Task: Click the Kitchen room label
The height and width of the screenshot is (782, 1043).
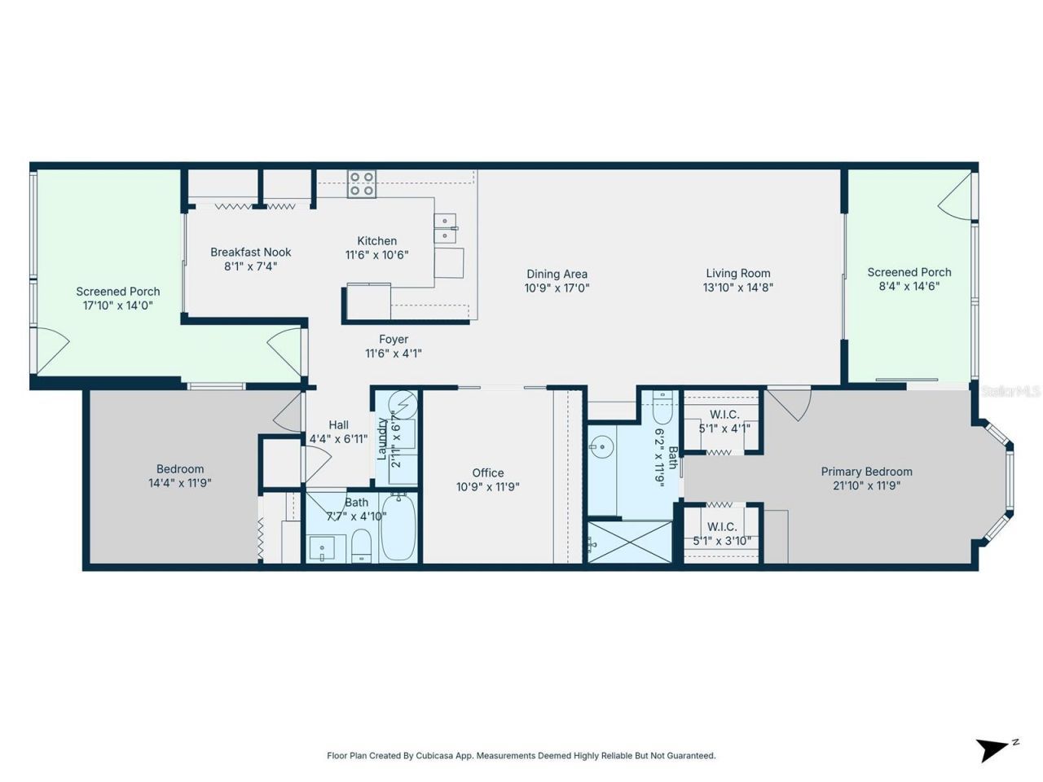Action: tap(376, 241)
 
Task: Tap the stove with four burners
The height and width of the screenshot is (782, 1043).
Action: tap(362, 184)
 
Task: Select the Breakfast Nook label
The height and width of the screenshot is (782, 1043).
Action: tap(250, 253)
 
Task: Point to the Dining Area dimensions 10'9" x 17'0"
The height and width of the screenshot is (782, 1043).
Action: tap(557, 288)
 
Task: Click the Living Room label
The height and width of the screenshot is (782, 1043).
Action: tap(737, 274)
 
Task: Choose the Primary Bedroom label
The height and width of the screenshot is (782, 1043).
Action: tap(866, 472)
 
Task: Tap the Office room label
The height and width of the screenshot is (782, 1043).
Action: tap(487, 472)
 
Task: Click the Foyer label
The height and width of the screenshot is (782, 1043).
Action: tap(394, 340)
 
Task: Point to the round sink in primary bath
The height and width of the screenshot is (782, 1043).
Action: tap(602, 446)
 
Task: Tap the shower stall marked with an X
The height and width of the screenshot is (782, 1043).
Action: tap(629, 542)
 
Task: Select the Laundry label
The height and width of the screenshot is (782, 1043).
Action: tap(381, 439)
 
